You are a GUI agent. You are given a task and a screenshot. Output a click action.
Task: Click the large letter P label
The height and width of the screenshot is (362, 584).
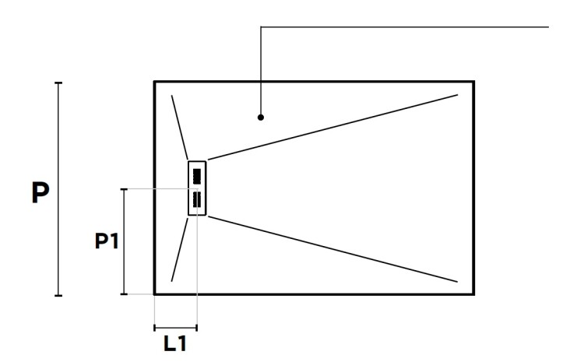click(x=40, y=192)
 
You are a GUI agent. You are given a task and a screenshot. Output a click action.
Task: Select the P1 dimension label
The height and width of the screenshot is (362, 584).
click(x=107, y=241)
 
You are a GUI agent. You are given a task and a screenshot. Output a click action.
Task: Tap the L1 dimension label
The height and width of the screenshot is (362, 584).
click(x=175, y=343)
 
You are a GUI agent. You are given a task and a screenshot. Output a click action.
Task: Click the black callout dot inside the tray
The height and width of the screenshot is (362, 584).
click(x=261, y=118)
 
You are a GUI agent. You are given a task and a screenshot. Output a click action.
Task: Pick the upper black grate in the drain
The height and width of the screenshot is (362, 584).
click(x=197, y=176)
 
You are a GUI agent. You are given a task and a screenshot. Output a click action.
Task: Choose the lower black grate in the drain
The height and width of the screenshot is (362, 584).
click(x=197, y=199)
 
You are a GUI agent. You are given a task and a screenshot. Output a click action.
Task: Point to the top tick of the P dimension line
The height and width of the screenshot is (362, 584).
click(x=58, y=83)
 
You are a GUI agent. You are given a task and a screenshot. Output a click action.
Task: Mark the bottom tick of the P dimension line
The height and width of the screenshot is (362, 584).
click(x=58, y=295)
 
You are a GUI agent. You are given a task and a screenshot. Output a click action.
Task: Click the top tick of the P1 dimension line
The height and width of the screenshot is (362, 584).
click(x=124, y=189)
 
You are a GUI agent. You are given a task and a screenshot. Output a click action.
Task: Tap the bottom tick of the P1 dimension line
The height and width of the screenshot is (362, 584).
click(x=124, y=294)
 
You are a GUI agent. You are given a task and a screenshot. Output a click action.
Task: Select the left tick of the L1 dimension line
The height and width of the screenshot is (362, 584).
click(x=155, y=328)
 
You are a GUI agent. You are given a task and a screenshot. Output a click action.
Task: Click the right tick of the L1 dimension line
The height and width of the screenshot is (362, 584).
click(x=197, y=328)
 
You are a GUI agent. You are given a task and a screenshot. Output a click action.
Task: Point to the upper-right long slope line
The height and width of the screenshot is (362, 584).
click(x=332, y=128)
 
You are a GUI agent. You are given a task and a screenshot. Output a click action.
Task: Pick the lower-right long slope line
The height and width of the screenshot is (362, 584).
click(x=332, y=249)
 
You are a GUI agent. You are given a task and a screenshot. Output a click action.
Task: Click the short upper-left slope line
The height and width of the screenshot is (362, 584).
click(x=180, y=128)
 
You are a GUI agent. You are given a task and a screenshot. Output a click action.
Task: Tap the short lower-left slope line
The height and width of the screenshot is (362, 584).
click(x=180, y=250)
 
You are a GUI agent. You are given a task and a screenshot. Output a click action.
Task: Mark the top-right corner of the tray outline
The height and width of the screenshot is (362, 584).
click(x=473, y=82)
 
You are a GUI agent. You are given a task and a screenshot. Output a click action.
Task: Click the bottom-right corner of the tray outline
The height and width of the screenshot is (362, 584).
click(x=473, y=294)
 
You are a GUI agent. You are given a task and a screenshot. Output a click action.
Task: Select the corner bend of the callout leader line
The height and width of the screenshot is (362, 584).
click(x=261, y=26)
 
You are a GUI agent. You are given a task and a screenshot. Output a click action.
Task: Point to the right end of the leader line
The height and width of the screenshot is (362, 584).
click(x=549, y=26)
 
